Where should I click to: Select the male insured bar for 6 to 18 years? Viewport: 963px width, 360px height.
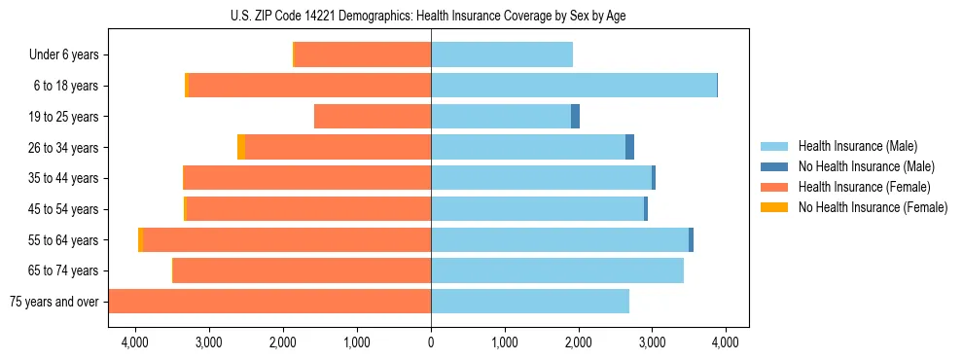point(574,86)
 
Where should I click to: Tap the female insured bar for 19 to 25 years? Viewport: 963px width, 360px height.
point(373,117)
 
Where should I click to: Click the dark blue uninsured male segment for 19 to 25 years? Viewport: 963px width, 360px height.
point(575,117)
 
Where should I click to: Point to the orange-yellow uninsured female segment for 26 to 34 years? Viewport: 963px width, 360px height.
point(241,147)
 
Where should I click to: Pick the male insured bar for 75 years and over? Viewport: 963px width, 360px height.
point(530,302)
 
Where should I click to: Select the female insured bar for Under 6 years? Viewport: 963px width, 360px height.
point(362,54)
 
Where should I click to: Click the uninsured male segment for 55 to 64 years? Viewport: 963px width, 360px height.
point(691,240)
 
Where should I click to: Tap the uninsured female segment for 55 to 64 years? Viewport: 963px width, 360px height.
point(141,240)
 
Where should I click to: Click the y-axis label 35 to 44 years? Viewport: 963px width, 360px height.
point(65,178)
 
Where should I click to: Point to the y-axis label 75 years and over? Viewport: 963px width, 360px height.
point(54,302)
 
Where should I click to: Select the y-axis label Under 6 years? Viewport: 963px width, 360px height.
point(64,55)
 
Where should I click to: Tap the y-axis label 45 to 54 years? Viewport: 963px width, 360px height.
point(65,209)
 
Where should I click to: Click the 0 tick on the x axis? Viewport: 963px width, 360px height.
point(431,342)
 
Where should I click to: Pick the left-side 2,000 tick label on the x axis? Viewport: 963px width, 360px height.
point(283,342)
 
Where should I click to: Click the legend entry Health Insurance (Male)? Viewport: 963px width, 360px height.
point(855,146)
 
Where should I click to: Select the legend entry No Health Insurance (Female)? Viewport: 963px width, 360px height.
point(873,207)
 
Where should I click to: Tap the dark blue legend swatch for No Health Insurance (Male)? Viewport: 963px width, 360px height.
point(774,166)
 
